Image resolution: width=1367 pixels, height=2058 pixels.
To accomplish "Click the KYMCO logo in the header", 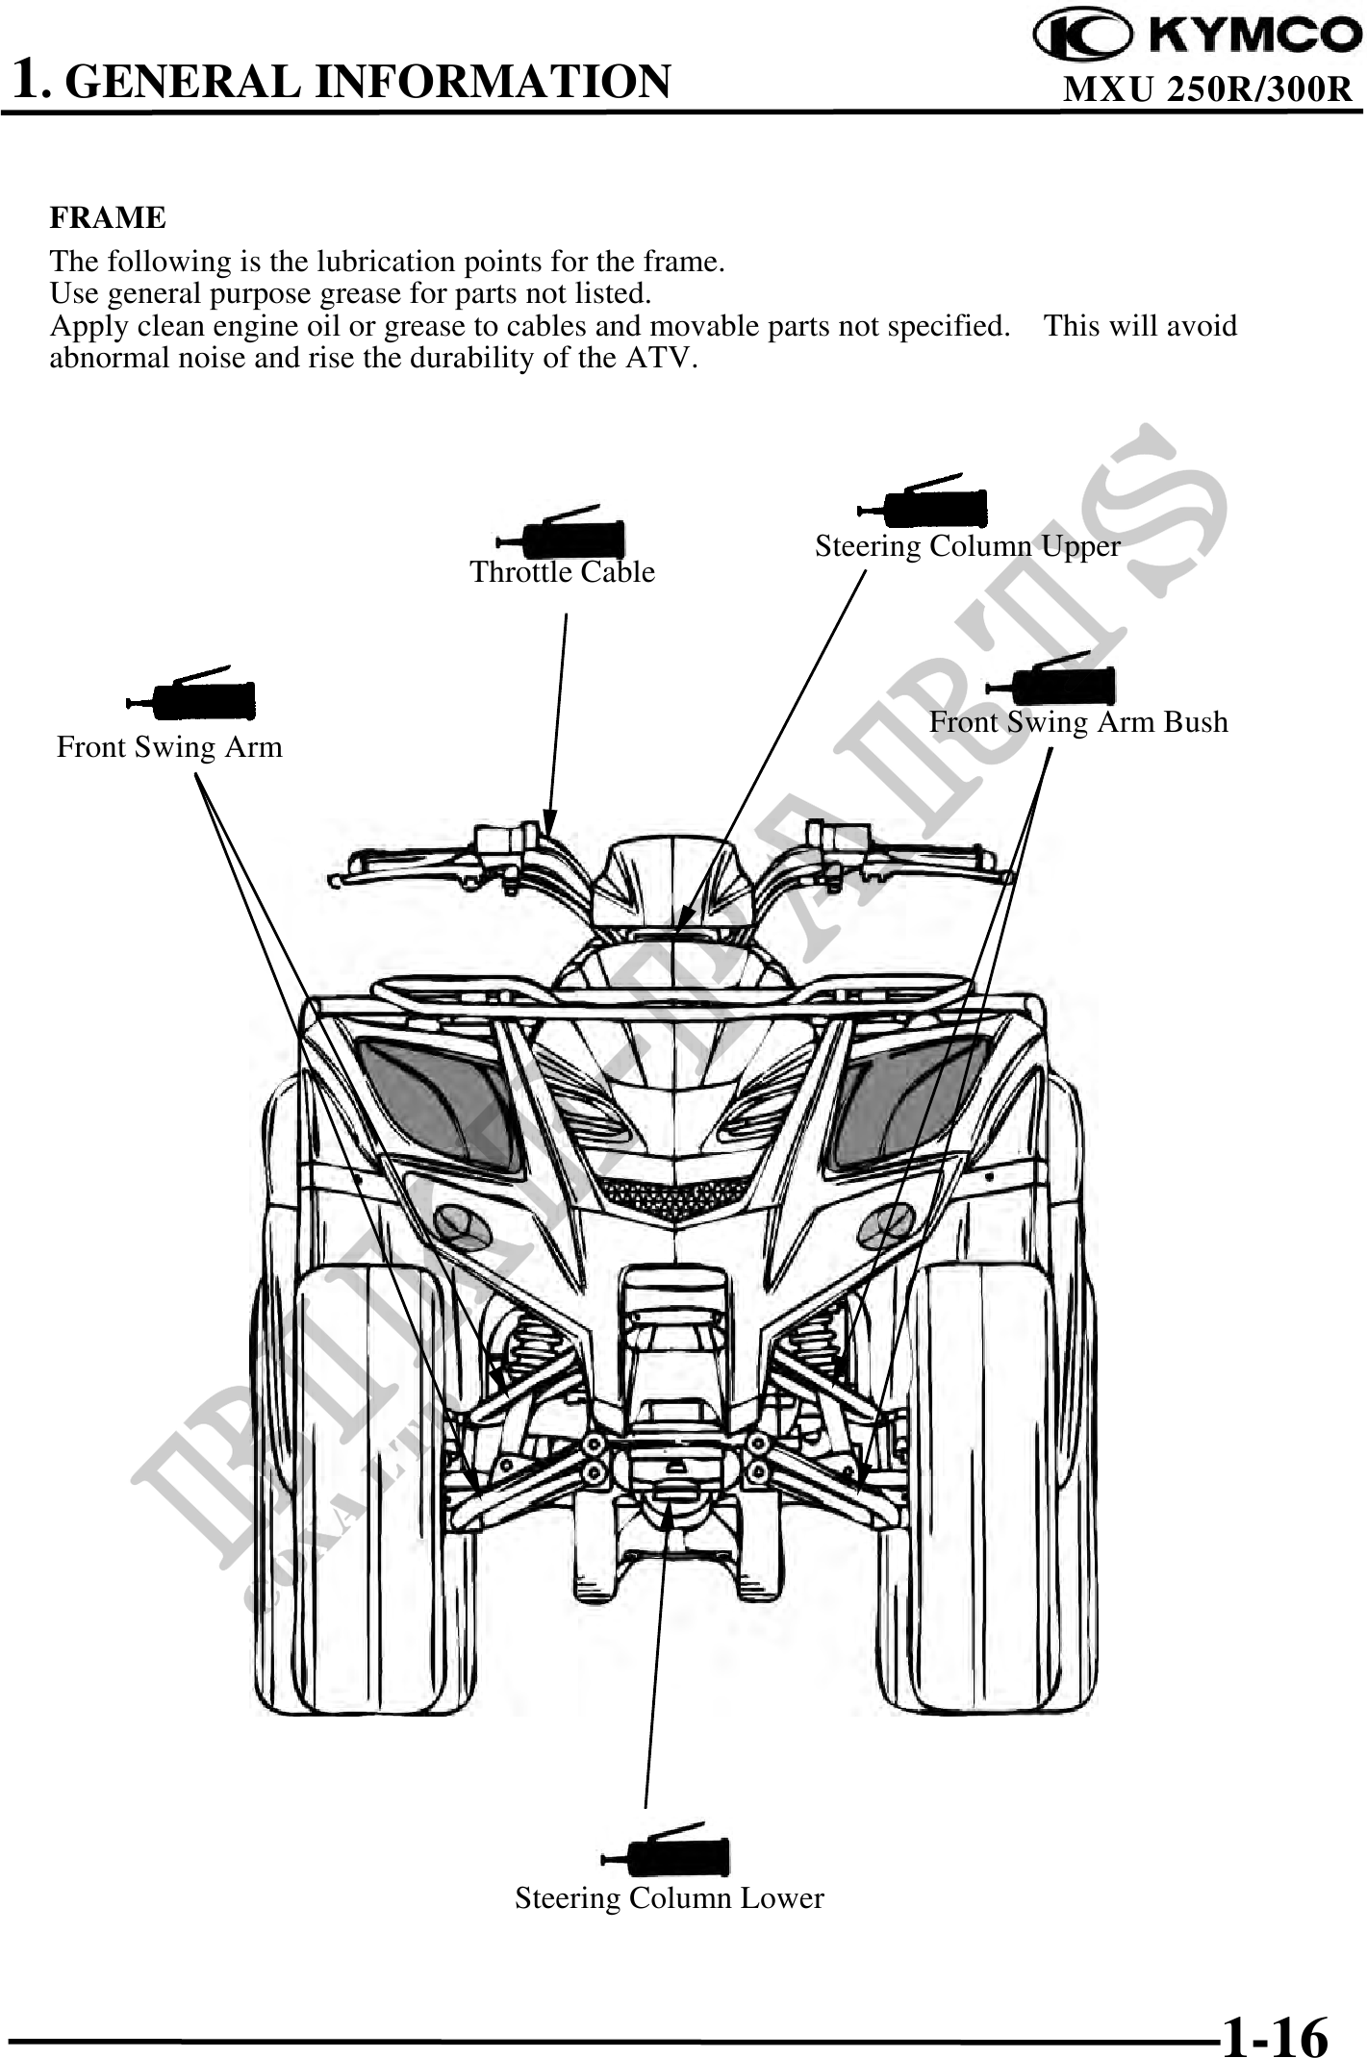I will pyautogui.click(x=1196, y=36).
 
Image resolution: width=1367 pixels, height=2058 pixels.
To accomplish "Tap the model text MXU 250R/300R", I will pyautogui.click(x=1208, y=89).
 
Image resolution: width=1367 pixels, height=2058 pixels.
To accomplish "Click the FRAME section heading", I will pyautogui.click(x=108, y=218).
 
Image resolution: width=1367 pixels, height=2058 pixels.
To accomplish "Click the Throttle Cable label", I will pyautogui.click(x=562, y=572).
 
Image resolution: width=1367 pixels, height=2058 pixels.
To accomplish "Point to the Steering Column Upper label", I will pyautogui.click(x=967, y=546).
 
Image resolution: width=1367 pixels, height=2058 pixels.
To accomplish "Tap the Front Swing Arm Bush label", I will pyautogui.click(x=1077, y=722).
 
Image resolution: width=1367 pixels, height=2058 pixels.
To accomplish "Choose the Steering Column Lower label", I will pyautogui.click(x=669, y=1897).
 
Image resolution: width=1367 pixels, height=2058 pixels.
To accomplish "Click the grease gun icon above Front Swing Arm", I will pyautogui.click(x=192, y=694).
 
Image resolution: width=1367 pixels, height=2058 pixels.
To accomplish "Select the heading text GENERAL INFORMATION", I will pyautogui.click(x=371, y=81).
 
